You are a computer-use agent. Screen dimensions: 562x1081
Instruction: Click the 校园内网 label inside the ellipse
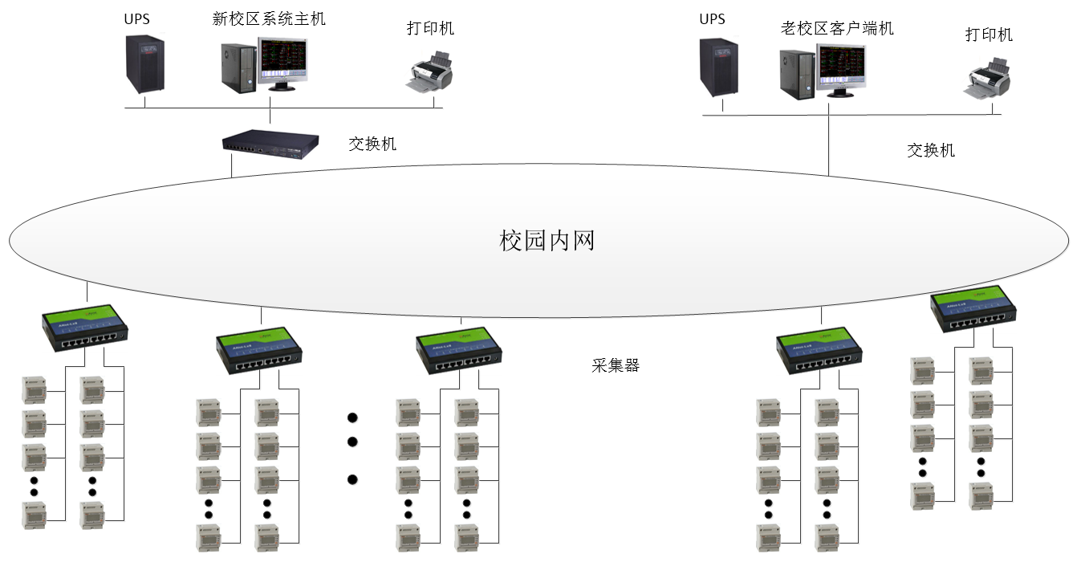tap(547, 240)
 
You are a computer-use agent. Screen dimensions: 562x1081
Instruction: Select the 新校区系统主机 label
tap(269, 19)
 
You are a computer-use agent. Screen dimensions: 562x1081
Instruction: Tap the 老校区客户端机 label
tap(837, 29)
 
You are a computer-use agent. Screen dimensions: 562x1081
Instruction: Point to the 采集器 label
tap(616, 366)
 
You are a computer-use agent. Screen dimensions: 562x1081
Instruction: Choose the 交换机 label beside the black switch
tap(372, 145)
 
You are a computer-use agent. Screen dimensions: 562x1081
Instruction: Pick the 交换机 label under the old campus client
tap(931, 150)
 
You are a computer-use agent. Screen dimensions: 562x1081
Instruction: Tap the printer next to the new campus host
tap(429, 74)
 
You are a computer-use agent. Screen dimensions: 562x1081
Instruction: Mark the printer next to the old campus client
tap(987, 79)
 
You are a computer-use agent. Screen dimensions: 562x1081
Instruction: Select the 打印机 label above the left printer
tap(430, 29)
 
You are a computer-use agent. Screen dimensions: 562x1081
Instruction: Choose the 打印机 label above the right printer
tap(989, 35)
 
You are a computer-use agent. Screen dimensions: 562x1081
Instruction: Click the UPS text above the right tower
tap(712, 18)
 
